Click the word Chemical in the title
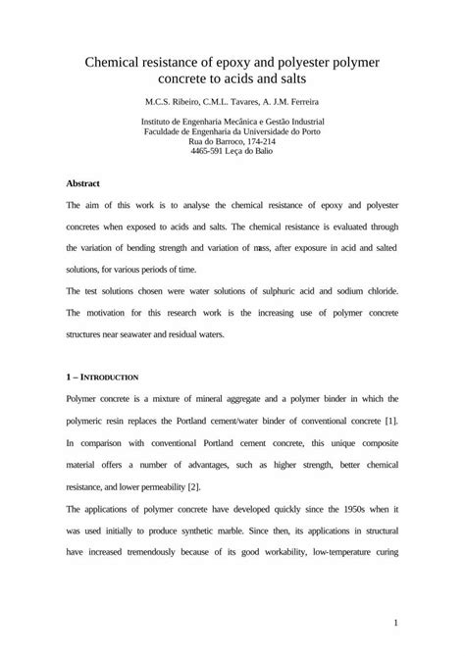click(x=116, y=62)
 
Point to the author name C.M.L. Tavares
click(x=238, y=102)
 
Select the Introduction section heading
click(x=107, y=377)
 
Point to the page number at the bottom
click(x=393, y=622)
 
